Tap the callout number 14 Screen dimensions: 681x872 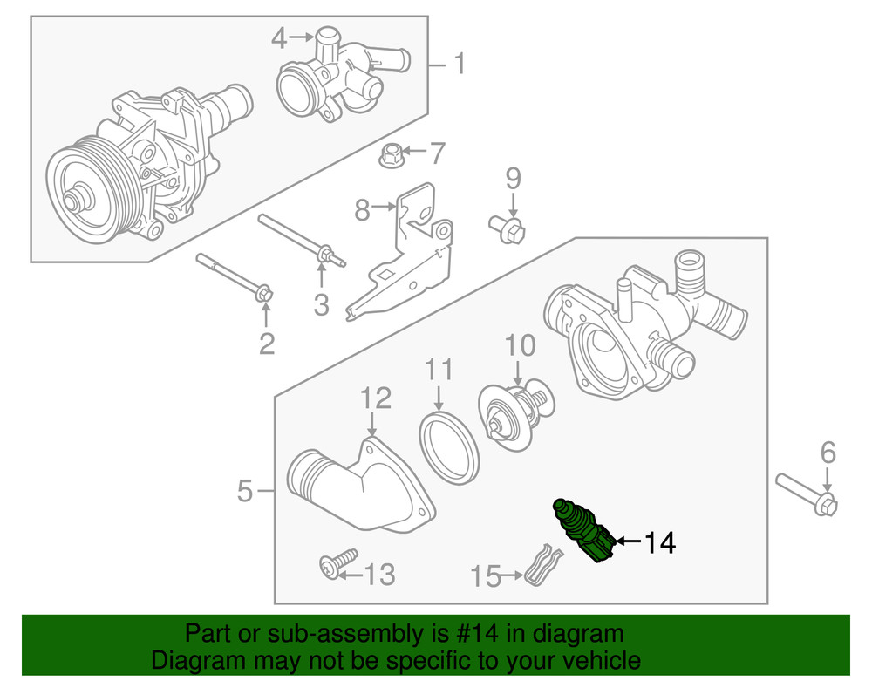click(x=660, y=543)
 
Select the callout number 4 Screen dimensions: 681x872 click(x=278, y=37)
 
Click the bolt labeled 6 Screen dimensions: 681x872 click(x=807, y=493)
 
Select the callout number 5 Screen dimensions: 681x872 click(x=248, y=493)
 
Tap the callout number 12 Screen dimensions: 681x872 click(x=376, y=399)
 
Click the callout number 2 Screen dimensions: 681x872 click(x=266, y=344)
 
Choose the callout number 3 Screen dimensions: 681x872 click(x=321, y=305)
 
